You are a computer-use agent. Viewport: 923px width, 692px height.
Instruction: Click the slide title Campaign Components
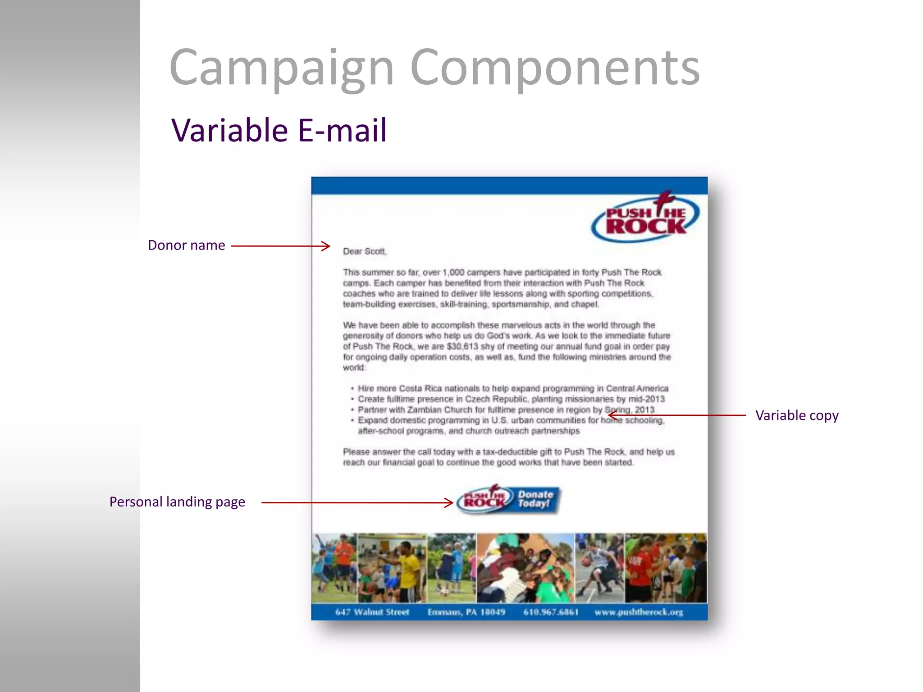coord(434,68)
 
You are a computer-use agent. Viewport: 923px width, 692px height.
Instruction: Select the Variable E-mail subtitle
coord(279,130)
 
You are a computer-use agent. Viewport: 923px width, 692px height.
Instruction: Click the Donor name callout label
coord(186,245)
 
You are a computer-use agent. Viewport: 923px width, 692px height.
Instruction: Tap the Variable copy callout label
coord(797,415)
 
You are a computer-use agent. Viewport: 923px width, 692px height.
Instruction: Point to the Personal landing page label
coord(177,502)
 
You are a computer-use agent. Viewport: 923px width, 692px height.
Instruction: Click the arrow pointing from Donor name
coord(280,246)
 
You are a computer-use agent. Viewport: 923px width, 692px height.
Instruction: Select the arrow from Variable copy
coord(676,415)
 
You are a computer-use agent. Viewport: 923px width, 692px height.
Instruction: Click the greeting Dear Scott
coord(365,251)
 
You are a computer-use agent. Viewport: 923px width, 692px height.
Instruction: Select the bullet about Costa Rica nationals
coord(512,388)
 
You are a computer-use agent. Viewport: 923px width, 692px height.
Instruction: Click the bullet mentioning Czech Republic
coord(511,399)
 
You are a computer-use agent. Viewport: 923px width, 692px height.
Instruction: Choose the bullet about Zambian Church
coord(506,410)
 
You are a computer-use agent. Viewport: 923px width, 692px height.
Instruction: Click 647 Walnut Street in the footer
coord(372,612)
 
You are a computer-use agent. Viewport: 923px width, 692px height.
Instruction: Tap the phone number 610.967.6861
coord(551,612)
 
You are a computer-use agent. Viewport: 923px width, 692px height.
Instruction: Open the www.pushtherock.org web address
coord(639,612)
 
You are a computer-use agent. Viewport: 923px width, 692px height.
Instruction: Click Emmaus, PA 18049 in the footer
coord(466,612)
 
